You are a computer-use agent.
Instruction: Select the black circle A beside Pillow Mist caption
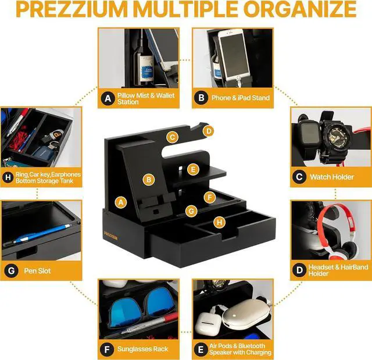point(107,98)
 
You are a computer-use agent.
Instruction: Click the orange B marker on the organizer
point(149,180)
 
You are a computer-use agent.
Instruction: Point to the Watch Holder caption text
point(332,176)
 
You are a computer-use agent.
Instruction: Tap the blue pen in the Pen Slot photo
point(44,234)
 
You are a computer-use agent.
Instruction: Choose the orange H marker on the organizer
point(219,222)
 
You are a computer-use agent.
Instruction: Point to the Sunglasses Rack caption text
point(146,348)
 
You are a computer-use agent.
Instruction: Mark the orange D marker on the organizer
point(209,131)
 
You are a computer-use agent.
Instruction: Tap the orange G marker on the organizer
point(190,210)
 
